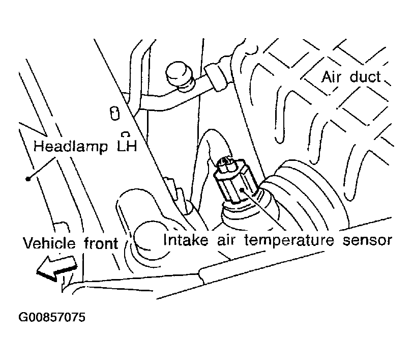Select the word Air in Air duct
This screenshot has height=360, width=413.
332,77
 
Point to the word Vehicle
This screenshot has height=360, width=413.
49,243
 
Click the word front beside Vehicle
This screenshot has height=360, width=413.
100,243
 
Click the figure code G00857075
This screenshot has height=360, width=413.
52,318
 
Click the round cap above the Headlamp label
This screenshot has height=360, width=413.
178,74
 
